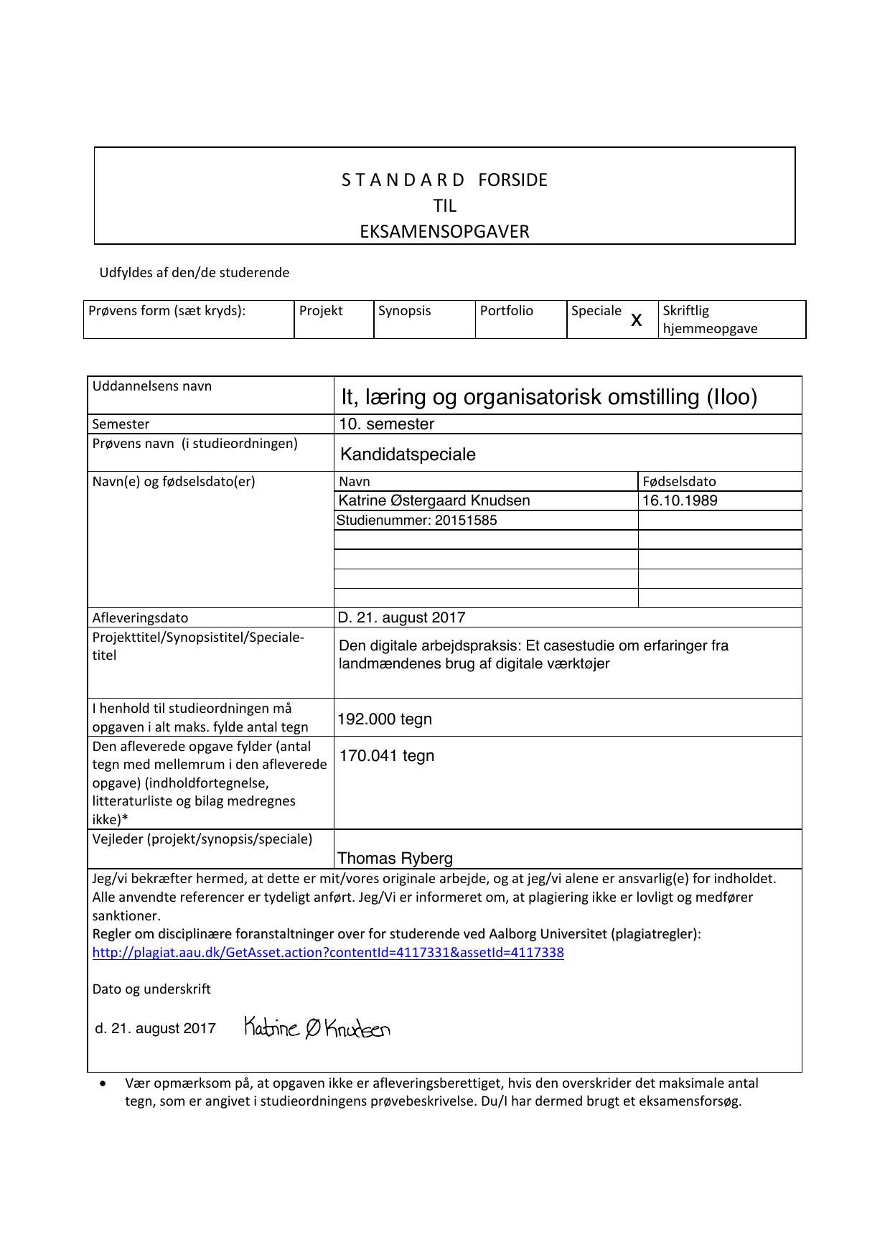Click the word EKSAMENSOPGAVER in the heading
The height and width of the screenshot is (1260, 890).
pyautogui.click(x=444, y=232)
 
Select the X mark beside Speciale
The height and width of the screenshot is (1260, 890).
pyautogui.click(x=636, y=320)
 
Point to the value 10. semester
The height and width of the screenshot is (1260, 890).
pyautogui.click(x=386, y=424)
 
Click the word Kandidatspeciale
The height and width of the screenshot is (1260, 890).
pyautogui.click(x=408, y=454)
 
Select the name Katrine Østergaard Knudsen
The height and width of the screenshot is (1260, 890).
pyautogui.click(x=434, y=500)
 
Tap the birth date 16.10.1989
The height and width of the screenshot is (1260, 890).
pyautogui.click(x=680, y=500)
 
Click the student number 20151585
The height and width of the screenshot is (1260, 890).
pyautogui.click(x=462, y=521)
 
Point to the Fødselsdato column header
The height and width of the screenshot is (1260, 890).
pyautogui.click(x=679, y=482)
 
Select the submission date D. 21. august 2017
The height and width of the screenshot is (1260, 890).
pyautogui.click(x=401, y=617)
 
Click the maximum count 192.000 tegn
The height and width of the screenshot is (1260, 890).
pyautogui.click(x=385, y=719)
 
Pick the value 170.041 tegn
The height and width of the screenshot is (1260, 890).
pyautogui.click(x=387, y=756)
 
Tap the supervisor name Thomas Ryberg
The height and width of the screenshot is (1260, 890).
pyautogui.click(x=395, y=859)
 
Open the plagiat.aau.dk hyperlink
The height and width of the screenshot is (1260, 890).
pyautogui.click(x=328, y=953)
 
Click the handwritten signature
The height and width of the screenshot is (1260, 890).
pyautogui.click(x=317, y=1028)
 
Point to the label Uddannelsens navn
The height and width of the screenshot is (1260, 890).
pyautogui.click(x=152, y=386)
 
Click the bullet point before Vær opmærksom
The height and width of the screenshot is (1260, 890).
pyautogui.click(x=104, y=1083)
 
